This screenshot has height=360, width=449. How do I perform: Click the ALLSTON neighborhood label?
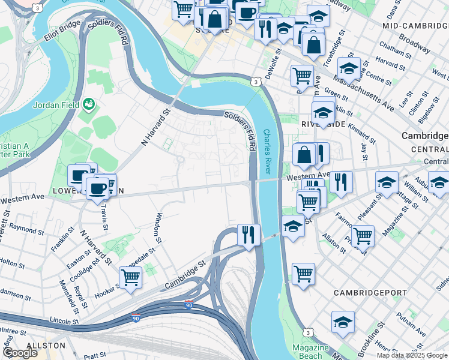click(46, 346)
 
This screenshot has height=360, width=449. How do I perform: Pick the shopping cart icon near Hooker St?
click(130, 277)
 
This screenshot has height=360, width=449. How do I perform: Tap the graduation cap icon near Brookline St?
click(343, 321)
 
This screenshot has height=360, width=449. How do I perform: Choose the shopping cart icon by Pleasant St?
click(363, 235)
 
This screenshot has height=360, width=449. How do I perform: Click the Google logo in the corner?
click(20, 353)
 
